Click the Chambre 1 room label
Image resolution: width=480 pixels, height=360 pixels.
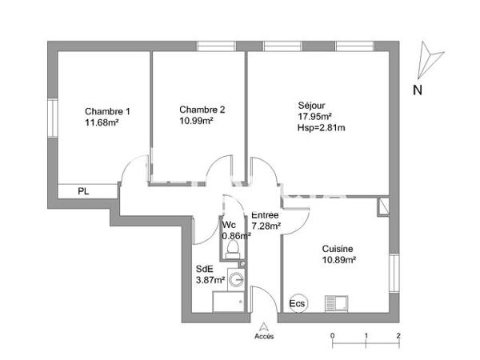coord(107,111)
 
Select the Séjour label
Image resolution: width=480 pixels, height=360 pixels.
coord(311,105)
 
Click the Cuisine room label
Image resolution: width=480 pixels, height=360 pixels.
coord(338,249)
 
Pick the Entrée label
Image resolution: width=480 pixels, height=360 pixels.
coord(265,215)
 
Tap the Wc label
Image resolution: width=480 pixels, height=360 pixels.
coord(229,225)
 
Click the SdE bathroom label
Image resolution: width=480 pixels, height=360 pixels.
coord(204,270)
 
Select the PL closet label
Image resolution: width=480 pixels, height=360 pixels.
coord(82,191)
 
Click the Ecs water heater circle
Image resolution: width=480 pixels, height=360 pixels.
coord(297,304)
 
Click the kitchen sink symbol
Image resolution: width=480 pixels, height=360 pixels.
coord(335,303)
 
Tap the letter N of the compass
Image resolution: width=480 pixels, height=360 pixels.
coord(417,90)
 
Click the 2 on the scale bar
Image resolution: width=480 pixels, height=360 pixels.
coord(398,336)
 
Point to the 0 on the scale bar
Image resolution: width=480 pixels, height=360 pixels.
coord(332,336)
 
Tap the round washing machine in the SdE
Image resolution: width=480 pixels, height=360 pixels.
coord(237,280)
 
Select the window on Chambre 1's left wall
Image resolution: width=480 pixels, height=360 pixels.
coord(52,117)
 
